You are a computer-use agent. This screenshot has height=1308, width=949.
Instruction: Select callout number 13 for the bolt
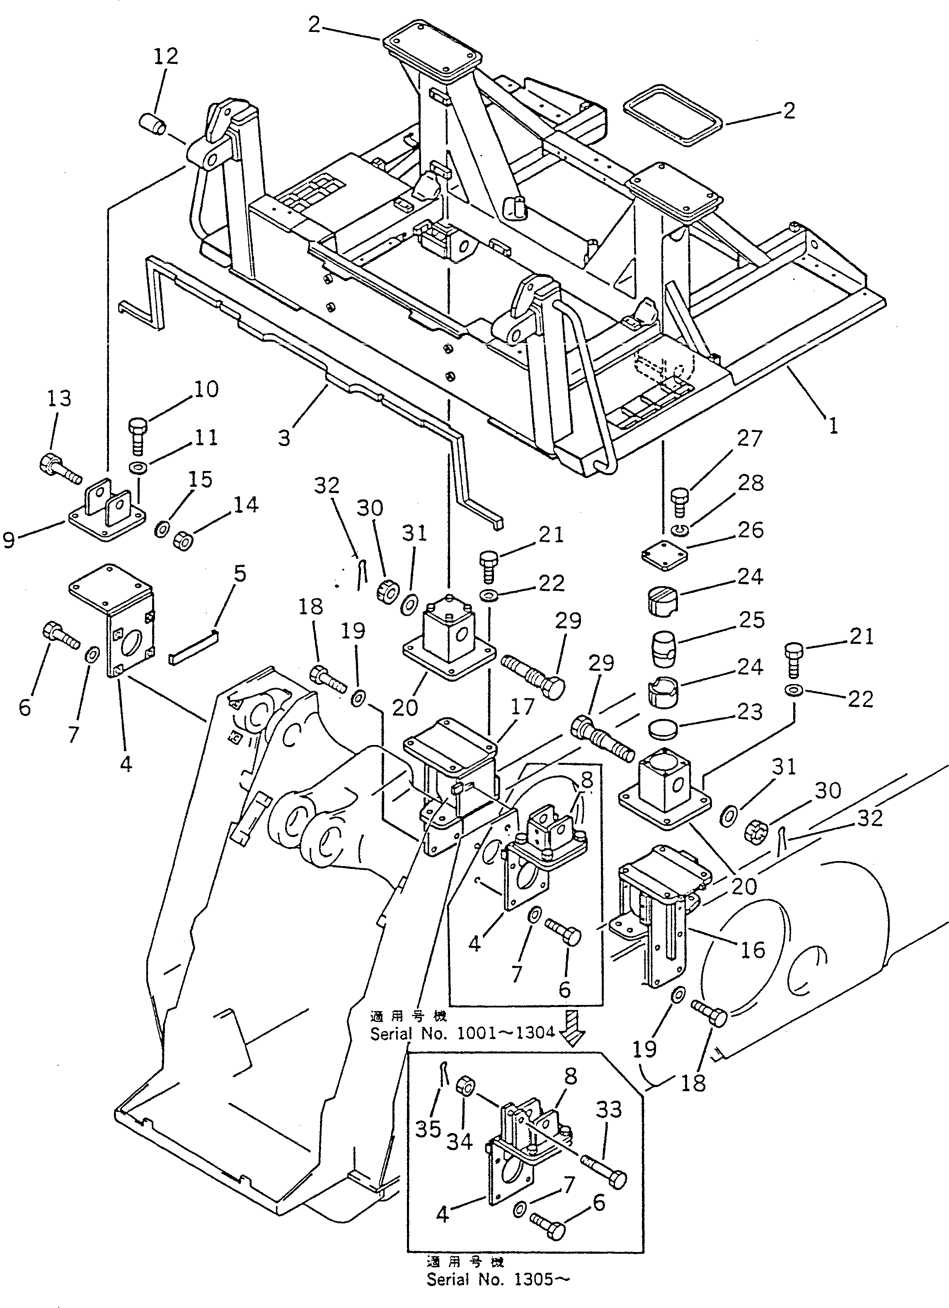click(59, 398)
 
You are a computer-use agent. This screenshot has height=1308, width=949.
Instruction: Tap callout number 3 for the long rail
click(283, 438)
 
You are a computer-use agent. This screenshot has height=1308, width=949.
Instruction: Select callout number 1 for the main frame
click(833, 426)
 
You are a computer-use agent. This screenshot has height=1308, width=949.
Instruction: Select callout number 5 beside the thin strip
click(239, 574)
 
